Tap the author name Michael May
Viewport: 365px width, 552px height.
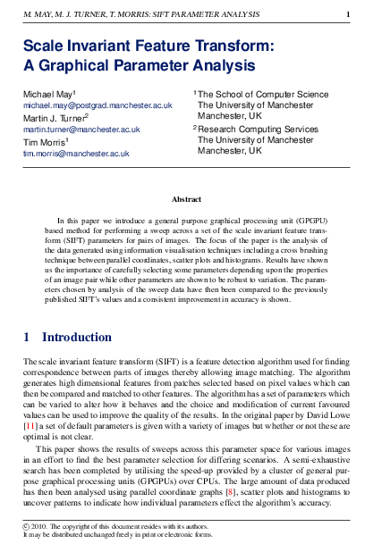point(48,94)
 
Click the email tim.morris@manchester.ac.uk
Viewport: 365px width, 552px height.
point(76,154)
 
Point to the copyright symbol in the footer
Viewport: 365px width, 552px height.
point(26,526)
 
